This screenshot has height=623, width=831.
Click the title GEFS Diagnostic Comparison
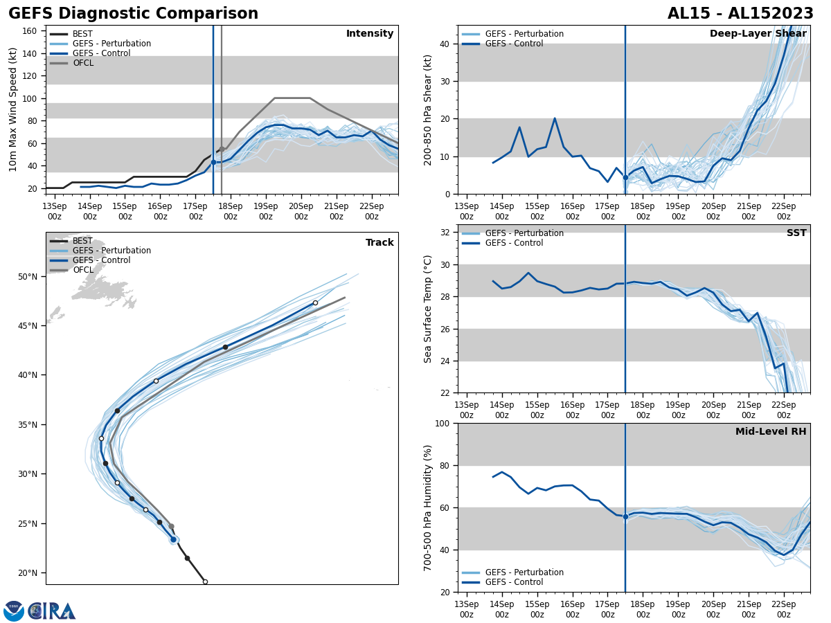[133, 14]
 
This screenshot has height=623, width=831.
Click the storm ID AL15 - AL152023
[740, 14]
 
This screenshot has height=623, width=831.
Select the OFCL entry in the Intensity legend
[82, 63]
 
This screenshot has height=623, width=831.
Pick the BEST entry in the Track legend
[82, 241]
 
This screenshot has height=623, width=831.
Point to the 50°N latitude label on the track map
[28, 277]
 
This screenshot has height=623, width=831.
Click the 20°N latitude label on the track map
[28, 573]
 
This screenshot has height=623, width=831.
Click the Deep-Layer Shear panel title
[758, 34]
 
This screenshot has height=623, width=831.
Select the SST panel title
[796, 233]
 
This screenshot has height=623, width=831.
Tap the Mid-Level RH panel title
[771, 432]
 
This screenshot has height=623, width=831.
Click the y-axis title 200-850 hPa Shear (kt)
[428, 109]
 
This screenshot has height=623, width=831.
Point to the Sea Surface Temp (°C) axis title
[428, 309]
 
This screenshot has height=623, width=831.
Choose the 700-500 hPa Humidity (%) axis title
[428, 507]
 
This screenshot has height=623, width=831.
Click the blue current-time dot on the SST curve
[625, 283]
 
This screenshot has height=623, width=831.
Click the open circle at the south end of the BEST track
[205, 581]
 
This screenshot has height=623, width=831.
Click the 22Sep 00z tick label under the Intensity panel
[371, 211]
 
